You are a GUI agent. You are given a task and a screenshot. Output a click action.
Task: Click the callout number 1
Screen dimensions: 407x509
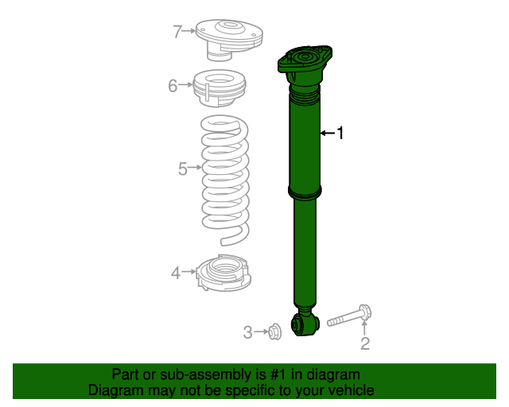(x=341, y=134)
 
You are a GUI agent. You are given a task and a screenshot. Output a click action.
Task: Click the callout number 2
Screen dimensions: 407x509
(x=365, y=343)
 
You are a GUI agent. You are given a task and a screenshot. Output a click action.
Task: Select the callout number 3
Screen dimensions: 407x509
(x=247, y=331)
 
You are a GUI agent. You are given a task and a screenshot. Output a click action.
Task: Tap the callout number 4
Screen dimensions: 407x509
(x=176, y=273)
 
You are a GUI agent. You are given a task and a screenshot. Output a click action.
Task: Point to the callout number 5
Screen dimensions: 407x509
(x=182, y=169)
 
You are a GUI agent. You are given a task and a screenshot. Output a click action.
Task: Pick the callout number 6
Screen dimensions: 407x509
(x=173, y=85)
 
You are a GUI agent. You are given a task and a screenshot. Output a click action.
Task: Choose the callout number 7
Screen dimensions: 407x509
(x=177, y=32)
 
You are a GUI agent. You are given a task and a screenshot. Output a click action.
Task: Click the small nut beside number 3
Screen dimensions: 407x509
(x=273, y=331)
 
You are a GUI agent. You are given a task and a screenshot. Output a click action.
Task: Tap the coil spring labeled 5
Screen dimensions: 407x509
(x=223, y=179)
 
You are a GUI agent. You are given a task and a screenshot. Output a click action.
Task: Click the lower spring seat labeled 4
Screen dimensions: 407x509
(x=223, y=274)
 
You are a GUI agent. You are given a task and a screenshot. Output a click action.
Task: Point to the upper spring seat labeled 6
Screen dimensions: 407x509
(x=219, y=89)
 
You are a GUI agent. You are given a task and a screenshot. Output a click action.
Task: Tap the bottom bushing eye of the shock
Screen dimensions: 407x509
(x=305, y=324)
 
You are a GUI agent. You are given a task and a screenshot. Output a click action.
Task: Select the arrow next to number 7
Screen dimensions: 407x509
(x=190, y=32)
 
